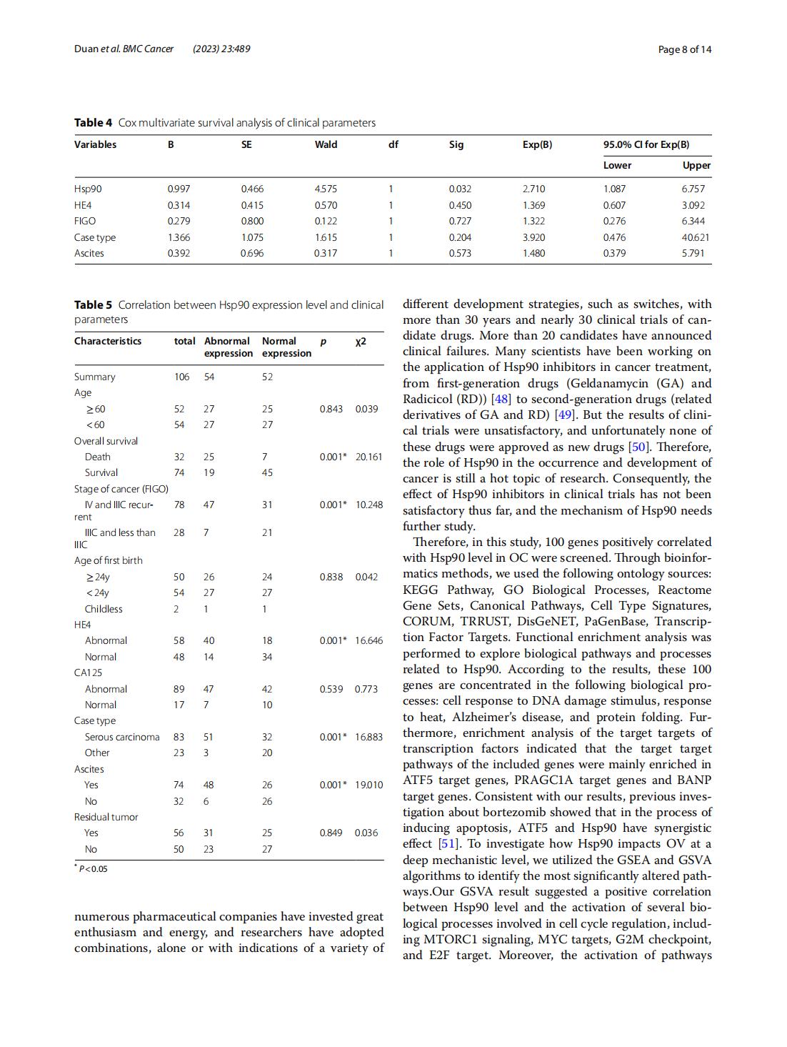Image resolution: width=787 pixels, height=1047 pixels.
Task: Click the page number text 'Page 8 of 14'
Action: pyautogui.click(x=684, y=49)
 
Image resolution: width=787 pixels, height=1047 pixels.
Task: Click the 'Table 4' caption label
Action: pyautogui.click(x=93, y=123)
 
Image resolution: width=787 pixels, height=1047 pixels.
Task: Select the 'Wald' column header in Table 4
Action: pyautogui.click(x=326, y=144)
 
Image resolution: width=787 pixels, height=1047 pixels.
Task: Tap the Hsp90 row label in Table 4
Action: pyautogui.click(x=88, y=189)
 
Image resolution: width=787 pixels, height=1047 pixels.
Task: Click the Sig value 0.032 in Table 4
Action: pyautogui.click(x=460, y=189)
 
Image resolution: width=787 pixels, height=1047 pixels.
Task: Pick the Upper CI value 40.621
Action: pyautogui.click(x=696, y=237)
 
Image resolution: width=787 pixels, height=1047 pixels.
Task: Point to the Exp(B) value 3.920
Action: pyautogui.click(x=533, y=237)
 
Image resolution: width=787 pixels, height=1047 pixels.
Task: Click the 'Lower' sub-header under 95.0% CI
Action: pyautogui.click(x=617, y=165)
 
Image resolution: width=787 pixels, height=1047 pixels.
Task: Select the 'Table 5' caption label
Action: pyautogui.click(x=93, y=305)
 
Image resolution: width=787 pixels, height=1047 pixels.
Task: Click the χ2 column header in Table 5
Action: pyautogui.click(x=361, y=341)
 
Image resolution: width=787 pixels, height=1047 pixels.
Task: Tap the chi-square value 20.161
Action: pyautogui.click(x=369, y=457)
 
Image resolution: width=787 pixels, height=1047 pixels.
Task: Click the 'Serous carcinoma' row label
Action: pyautogui.click(x=122, y=737)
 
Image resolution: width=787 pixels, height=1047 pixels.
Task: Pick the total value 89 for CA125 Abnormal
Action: pyautogui.click(x=179, y=689)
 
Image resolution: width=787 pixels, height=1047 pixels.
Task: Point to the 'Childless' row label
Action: pyautogui.click(x=104, y=609)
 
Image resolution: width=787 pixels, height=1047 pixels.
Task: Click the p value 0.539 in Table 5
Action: pyautogui.click(x=331, y=689)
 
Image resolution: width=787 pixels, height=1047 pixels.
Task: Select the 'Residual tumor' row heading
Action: pyautogui.click(x=106, y=817)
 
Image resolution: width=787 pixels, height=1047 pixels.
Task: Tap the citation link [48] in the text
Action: pyautogui.click(x=501, y=399)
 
